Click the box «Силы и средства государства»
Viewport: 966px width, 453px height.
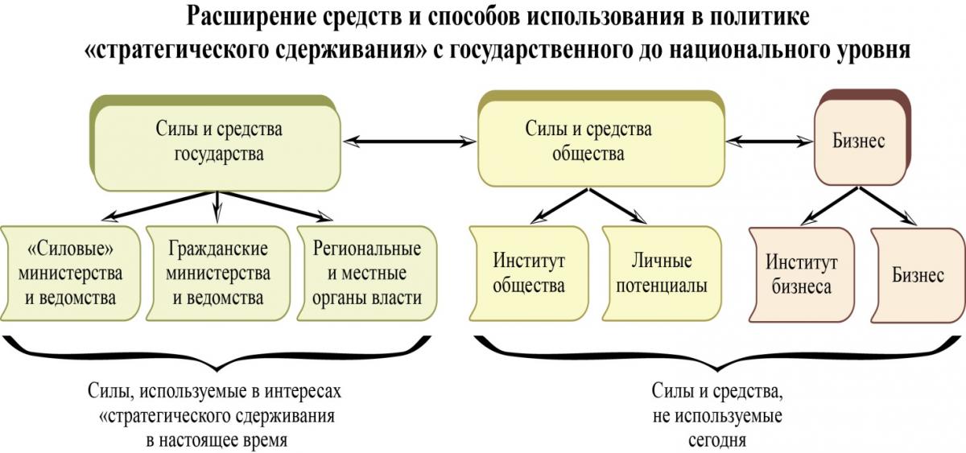216,143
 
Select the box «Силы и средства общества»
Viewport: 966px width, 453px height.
601,138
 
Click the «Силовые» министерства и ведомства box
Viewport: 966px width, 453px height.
70,274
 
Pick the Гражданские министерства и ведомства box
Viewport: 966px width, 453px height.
218,274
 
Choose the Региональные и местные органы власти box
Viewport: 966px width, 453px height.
366,274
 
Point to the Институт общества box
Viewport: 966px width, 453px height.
529,274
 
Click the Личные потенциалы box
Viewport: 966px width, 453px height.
662,274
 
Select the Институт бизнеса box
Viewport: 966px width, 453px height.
801,275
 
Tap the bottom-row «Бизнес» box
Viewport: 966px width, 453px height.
918,275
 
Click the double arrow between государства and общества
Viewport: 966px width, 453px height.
409,141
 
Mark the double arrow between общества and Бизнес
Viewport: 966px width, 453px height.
770,141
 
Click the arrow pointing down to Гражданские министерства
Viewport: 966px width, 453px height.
217,207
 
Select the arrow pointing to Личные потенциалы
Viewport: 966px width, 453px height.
617,206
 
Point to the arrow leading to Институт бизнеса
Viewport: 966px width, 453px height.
830,206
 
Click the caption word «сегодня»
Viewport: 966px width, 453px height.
717,440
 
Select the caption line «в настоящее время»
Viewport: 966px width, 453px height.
217,440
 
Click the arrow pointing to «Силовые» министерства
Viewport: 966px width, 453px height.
159,206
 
